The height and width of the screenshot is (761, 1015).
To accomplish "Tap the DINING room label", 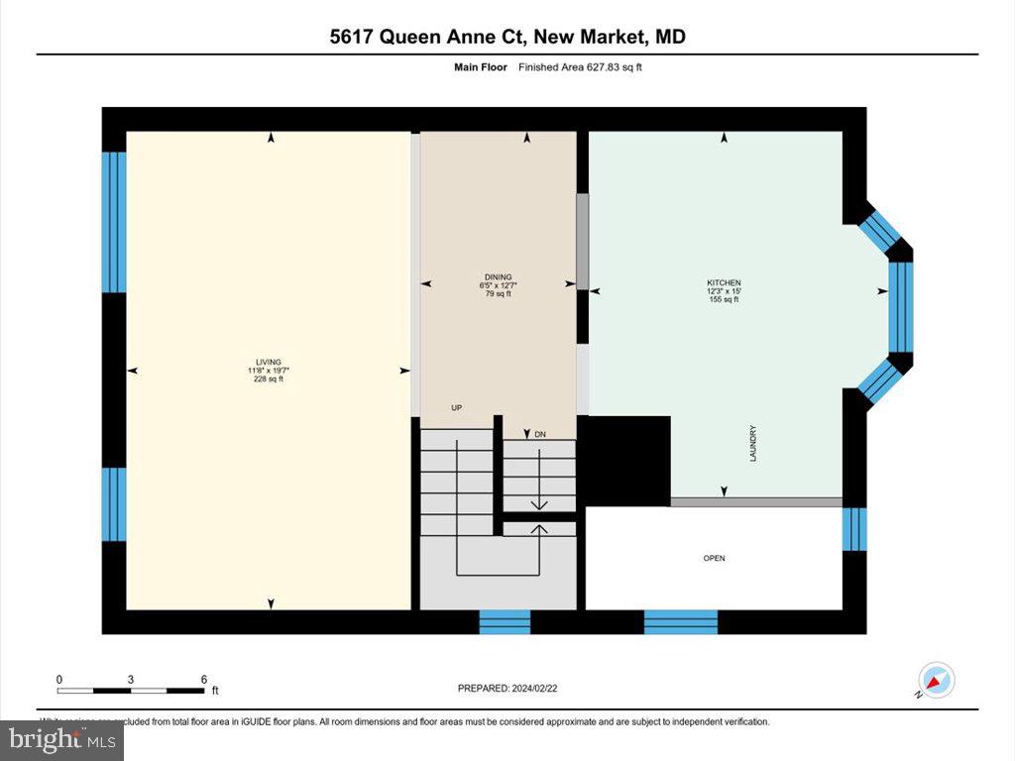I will point(498,276).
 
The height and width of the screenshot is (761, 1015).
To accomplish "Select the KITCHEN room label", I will point(724,283).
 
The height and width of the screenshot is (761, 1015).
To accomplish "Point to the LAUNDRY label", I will point(753,443).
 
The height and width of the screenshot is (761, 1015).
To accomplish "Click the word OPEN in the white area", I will point(714,559).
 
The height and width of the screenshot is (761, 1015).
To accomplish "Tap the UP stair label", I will point(457,407).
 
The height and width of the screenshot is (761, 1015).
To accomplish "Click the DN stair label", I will point(540,435).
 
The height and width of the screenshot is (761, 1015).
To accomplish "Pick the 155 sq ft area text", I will point(724,299).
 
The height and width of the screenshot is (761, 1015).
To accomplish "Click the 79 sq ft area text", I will point(498,293).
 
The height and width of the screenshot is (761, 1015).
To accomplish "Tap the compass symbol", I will point(936,681).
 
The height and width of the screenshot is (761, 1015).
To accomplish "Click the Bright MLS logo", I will point(62,738).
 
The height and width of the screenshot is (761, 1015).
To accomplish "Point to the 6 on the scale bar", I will point(204,679).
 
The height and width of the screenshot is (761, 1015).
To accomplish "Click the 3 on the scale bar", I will point(131,679).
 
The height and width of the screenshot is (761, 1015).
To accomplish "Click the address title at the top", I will point(507,38).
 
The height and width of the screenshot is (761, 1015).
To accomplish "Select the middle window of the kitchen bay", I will point(900,307).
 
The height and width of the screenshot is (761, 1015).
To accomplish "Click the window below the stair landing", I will point(505,622).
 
